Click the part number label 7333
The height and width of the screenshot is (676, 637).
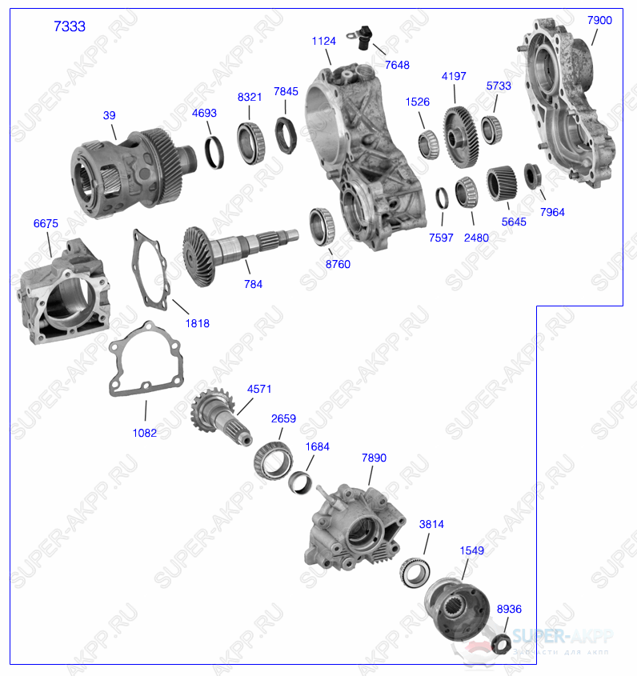69,26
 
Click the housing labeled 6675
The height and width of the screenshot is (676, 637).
62,293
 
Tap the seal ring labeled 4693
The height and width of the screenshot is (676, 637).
214,153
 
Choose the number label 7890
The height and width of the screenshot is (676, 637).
374,458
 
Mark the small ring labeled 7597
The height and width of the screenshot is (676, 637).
442,197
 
